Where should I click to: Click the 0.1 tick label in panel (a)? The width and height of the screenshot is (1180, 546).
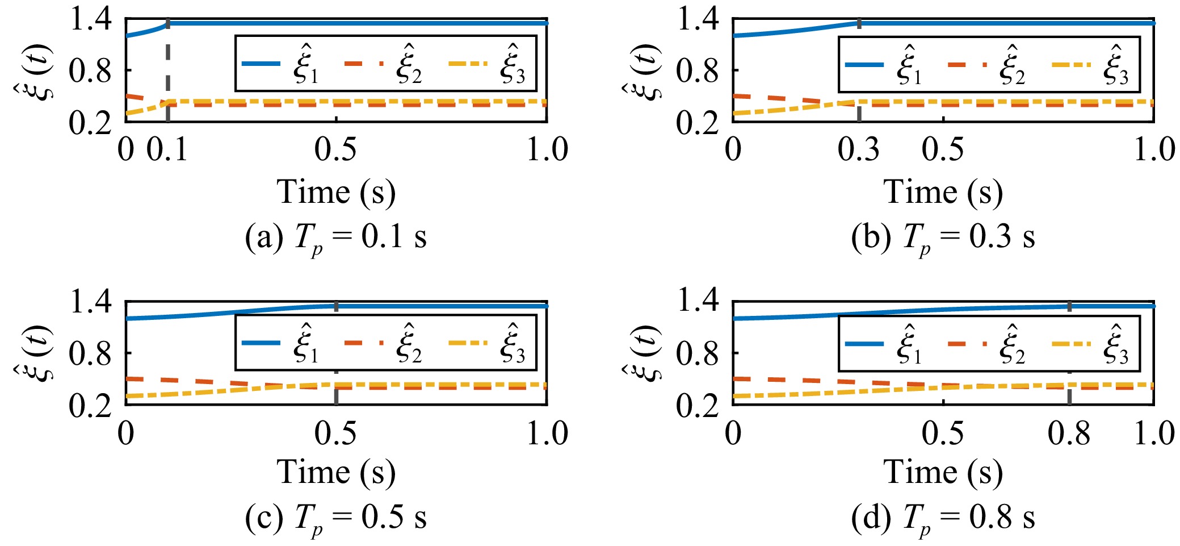pyautogui.click(x=167, y=149)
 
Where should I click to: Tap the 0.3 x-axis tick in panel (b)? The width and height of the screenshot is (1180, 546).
pyautogui.click(x=859, y=149)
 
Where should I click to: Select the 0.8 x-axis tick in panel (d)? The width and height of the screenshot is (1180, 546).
pyautogui.click(x=1069, y=433)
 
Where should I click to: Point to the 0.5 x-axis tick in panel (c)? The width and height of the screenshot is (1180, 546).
pyautogui.click(x=336, y=433)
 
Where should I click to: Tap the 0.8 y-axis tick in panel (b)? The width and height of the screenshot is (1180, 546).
pyautogui.click(x=697, y=71)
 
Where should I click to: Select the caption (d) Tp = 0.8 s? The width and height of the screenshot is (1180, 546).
pyautogui.click(x=943, y=518)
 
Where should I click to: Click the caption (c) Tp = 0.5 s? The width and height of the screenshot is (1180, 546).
pyautogui.click(x=336, y=518)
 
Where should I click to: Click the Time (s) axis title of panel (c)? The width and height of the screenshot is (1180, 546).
pyautogui.click(x=336, y=473)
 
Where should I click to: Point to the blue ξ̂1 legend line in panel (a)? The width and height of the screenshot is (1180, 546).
pyautogui.click(x=261, y=64)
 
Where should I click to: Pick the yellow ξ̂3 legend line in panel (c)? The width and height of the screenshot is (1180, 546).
pyautogui.click(x=468, y=343)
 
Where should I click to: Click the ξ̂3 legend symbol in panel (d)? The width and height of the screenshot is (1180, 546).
pyautogui.click(x=1116, y=344)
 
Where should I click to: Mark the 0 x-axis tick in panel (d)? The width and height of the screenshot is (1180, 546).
pyautogui.click(x=733, y=433)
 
